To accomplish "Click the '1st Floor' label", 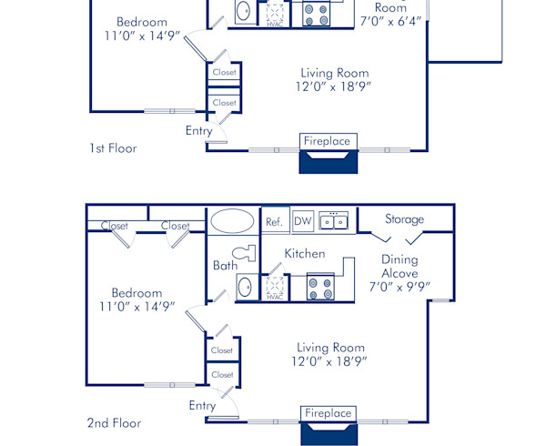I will [113, 147].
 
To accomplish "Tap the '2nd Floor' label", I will [114, 423].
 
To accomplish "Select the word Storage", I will [404, 219].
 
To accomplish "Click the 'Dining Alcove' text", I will [399, 266].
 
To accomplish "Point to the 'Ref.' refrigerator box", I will [274, 221].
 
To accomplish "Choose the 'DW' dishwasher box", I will [303, 221].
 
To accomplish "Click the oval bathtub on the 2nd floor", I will [233, 221].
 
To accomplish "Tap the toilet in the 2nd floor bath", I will [242, 252].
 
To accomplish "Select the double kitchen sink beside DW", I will [333, 221].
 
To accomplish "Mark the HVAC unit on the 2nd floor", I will [274, 289].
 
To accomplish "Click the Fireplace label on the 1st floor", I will [328, 141].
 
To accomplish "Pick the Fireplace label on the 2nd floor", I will [328, 413].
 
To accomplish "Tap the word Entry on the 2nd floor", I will [202, 405].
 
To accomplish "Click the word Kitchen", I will [304, 253].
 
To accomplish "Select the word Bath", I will [225, 266].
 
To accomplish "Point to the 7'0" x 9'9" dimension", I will [399, 286].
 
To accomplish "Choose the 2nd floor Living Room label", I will [330, 347].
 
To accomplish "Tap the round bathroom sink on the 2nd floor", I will [244, 288].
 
